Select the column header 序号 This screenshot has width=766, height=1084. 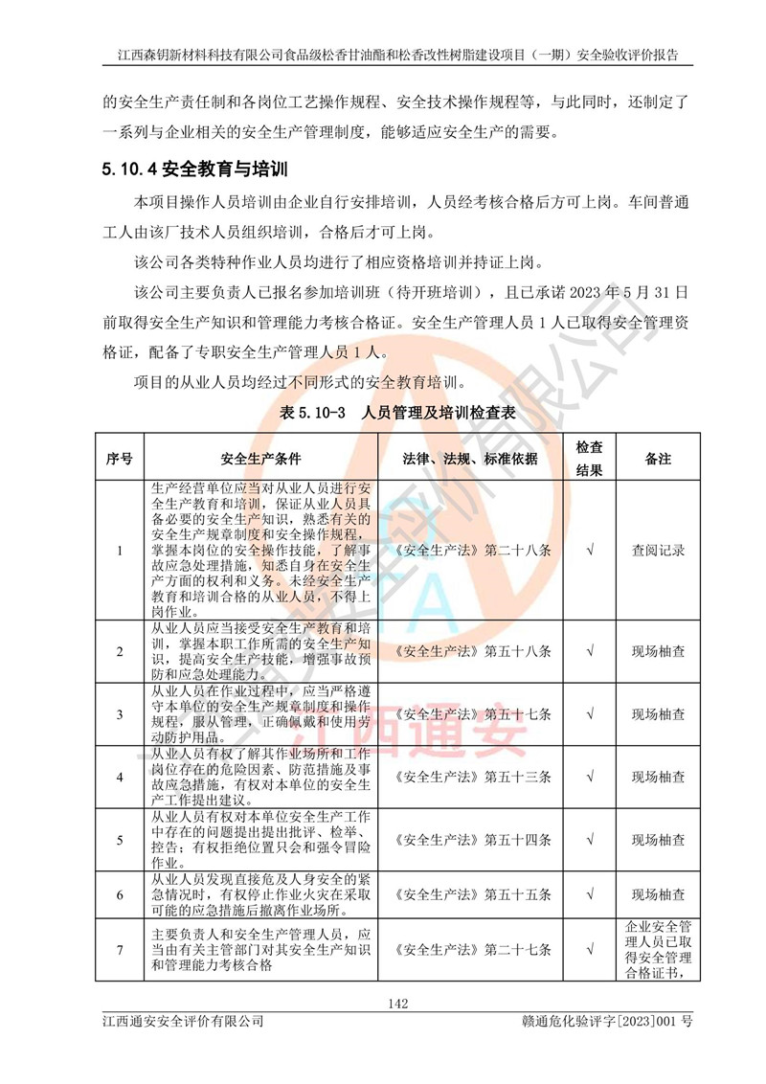click(x=119, y=459)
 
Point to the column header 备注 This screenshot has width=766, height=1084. click(x=658, y=459)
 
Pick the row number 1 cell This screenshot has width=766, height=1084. click(x=119, y=551)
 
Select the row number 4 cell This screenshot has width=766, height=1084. click(x=119, y=777)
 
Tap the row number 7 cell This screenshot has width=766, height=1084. click(x=119, y=950)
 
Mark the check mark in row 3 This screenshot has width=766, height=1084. click(x=590, y=714)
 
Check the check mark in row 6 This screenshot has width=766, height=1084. click(x=590, y=895)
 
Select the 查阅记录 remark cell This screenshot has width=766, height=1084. click(x=658, y=551)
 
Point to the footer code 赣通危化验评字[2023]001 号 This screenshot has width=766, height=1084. click(x=601, y=1023)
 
